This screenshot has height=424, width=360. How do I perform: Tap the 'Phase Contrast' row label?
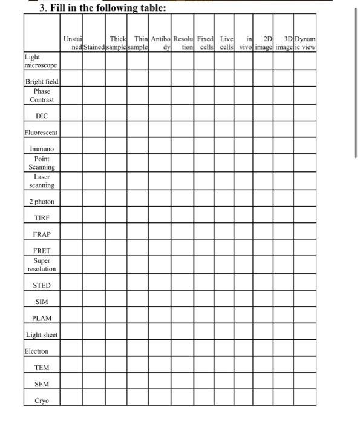[x=42, y=95]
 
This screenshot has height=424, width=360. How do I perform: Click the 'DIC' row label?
[x=42, y=115]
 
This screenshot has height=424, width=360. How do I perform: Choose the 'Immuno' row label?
[x=42, y=149]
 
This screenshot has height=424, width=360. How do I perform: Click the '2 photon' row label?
[x=42, y=201]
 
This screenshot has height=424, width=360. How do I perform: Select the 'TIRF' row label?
[x=42, y=217]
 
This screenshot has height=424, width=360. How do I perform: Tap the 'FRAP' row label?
[x=42, y=234]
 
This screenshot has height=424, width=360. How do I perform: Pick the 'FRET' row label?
[x=42, y=250]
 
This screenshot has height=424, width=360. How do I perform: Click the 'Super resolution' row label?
[x=42, y=265]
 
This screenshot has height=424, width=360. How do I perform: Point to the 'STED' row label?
[x=42, y=285]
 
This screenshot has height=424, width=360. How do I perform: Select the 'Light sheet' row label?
[x=42, y=334]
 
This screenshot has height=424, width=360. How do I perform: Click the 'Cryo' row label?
[x=42, y=400]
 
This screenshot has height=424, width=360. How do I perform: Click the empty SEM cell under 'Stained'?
[x=94, y=383]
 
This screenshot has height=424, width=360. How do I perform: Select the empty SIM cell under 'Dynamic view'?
[x=305, y=301]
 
